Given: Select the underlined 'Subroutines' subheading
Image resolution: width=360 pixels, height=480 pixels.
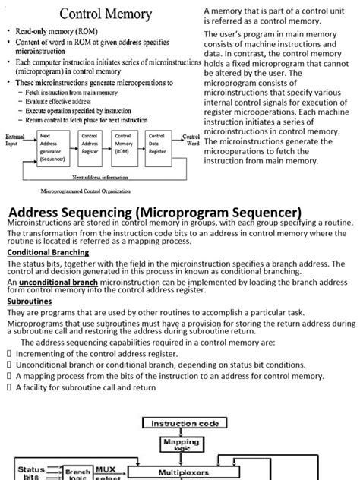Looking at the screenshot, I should point(29,302).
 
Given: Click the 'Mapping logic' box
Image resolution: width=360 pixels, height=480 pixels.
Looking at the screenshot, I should point(181,444).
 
